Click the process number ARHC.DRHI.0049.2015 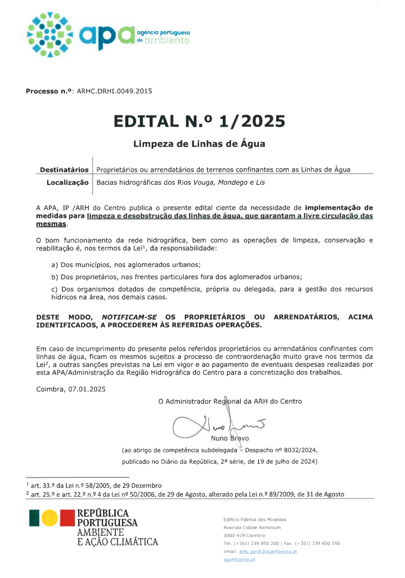(114, 91)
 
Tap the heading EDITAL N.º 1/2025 (199, 121)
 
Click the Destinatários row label (64, 170)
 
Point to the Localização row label (67, 182)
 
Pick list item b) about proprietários (176, 277)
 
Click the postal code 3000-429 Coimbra (244, 535)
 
